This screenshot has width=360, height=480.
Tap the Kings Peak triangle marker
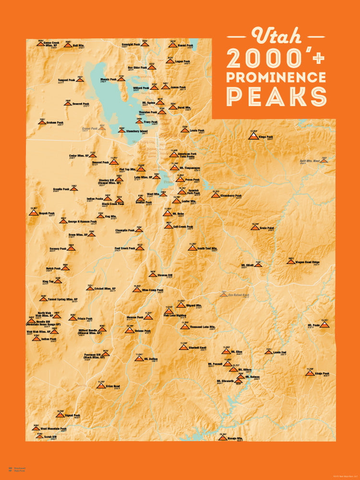click(x=253, y=136)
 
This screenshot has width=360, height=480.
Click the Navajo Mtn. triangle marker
click(x=222, y=439)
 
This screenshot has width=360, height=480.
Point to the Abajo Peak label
click(x=323, y=373)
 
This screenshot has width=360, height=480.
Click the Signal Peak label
click(x=72, y=415)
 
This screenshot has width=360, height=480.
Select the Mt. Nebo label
click(x=178, y=213)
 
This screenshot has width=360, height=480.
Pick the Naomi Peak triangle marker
click(x=172, y=46)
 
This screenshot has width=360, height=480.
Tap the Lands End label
click(x=279, y=352)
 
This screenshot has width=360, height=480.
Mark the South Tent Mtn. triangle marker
click(x=192, y=248)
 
